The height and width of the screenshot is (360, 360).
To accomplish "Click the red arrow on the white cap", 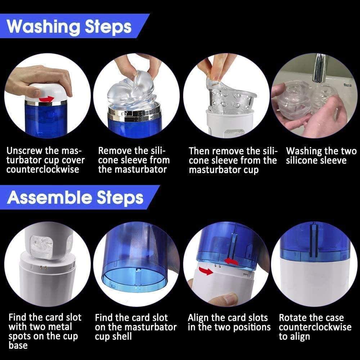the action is pyautogui.click(x=46, y=99).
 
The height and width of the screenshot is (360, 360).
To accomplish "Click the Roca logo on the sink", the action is pyautogui.click(x=347, y=85).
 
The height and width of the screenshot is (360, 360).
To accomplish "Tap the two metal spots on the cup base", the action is pyautogui.click(x=43, y=267).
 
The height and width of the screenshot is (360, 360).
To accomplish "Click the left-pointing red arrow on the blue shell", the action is pyautogui.click(x=231, y=261).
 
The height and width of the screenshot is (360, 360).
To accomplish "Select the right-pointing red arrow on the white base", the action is pyautogui.click(x=206, y=271).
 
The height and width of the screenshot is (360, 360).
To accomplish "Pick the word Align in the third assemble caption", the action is pyautogui.click(x=198, y=318).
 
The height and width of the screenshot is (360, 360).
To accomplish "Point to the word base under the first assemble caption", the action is pyautogui.click(x=18, y=345).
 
